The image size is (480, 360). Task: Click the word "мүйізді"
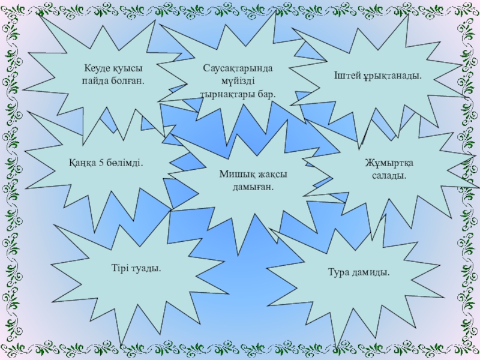(237, 82)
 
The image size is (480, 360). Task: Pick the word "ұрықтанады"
(393, 77)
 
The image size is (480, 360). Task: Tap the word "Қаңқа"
(82, 163)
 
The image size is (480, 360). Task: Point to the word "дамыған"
(253, 187)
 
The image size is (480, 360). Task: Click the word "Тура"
(340, 272)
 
